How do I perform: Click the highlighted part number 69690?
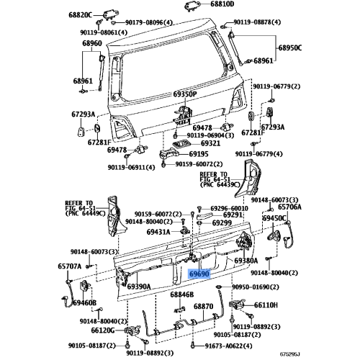coord(199,274)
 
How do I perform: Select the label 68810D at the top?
coord(222,4)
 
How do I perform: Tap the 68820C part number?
coord(81,15)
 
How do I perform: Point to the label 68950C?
coord(290,48)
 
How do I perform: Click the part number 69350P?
coord(185,94)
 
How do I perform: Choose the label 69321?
coord(210,143)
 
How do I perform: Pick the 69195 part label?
coord(199,154)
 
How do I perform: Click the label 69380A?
coord(246,261)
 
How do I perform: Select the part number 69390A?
coord(139,287)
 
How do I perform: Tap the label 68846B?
coord(182,294)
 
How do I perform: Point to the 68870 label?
coord(203,307)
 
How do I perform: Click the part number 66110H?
coord(266,305)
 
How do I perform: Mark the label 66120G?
coord(103,330)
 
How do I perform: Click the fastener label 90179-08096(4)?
coord(149,22)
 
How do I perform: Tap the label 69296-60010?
coord(229,208)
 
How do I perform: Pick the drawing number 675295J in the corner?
coord(290,354)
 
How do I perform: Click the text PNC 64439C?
coord(220,185)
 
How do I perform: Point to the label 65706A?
coord(289,207)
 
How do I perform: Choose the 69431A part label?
coord(158,232)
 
